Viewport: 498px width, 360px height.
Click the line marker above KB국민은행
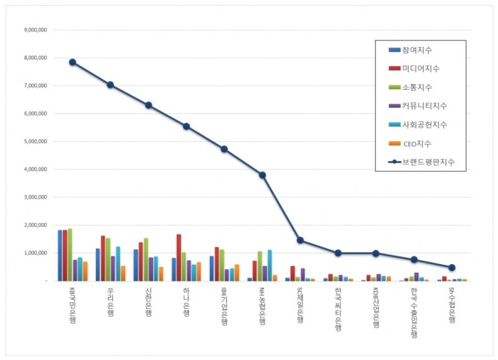tap(72, 62)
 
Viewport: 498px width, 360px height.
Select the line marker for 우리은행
tap(110, 85)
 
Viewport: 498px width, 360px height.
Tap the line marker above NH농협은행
tap(262, 175)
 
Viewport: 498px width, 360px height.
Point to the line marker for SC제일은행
tap(300, 240)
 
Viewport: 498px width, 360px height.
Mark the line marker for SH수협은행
tap(452, 267)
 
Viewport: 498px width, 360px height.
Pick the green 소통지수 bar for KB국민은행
tap(70, 255)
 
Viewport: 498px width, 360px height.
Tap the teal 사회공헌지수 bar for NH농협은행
tap(270, 265)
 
